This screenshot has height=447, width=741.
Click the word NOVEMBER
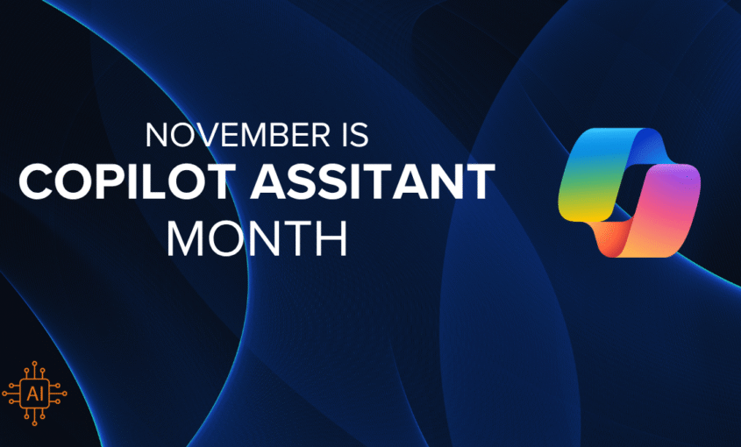(238, 135)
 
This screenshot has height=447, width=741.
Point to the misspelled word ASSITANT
(373, 181)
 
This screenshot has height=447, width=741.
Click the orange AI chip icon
(34, 394)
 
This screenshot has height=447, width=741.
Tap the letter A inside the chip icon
(31, 394)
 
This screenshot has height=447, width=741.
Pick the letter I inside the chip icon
(41, 394)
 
